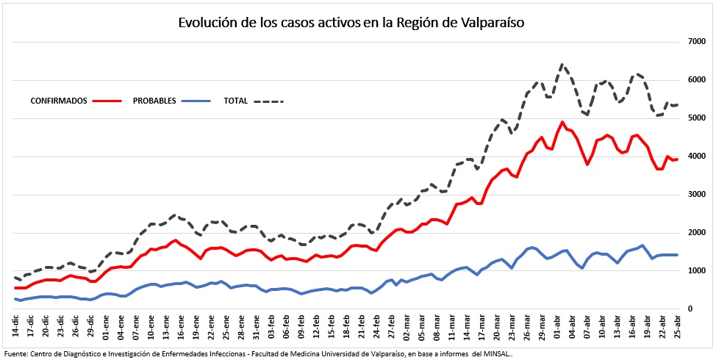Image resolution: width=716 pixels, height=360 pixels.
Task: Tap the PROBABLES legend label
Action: (x=154, y=101)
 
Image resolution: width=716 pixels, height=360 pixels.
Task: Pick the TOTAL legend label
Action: (x=235, y=101)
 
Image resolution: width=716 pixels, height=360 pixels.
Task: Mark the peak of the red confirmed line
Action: (x=562, y=122)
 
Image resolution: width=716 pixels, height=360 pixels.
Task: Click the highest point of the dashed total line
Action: (x=562, y=65)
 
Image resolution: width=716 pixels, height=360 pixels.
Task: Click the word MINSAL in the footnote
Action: (x=493, y=353)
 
